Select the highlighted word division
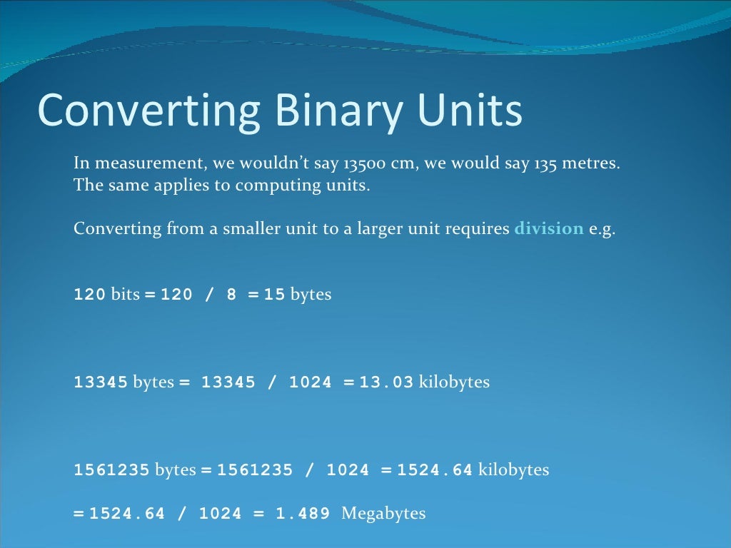coord(549,229)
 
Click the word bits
coord(126,294)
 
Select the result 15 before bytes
coord(275,294)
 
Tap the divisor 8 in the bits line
coord(231,294)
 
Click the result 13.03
coord(386,382)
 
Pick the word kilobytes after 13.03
coord(454,382)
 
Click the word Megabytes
coord(383,513)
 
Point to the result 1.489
coord(303,514)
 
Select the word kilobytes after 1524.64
coord(513,470)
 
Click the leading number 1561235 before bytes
coord(112,470)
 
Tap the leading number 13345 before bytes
coord(101,382)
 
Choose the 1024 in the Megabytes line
coord(221,514)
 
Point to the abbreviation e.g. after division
coord(601,230)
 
